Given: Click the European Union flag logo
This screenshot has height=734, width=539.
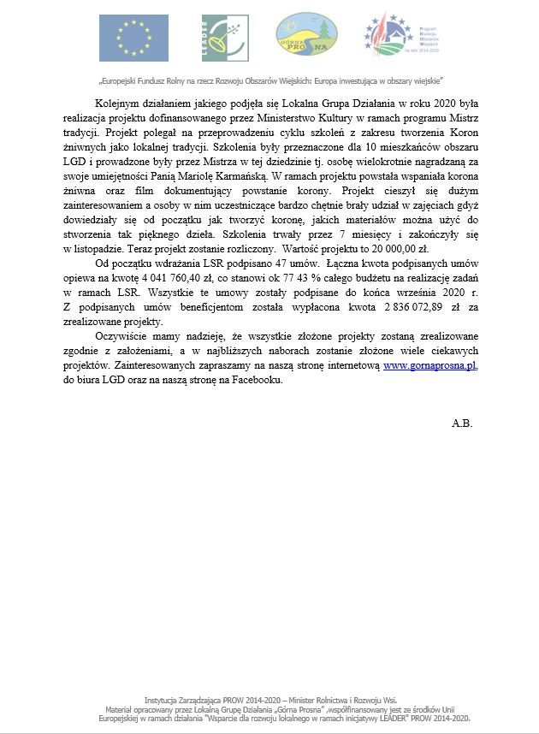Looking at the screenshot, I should click(x=127, y=38).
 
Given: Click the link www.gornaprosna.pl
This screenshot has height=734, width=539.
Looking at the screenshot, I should click(x=429, y=364).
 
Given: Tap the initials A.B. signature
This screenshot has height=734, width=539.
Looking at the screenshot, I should click(x=462, y=423).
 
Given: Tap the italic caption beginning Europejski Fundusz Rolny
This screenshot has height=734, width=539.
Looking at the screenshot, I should click(x=269, y=82).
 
